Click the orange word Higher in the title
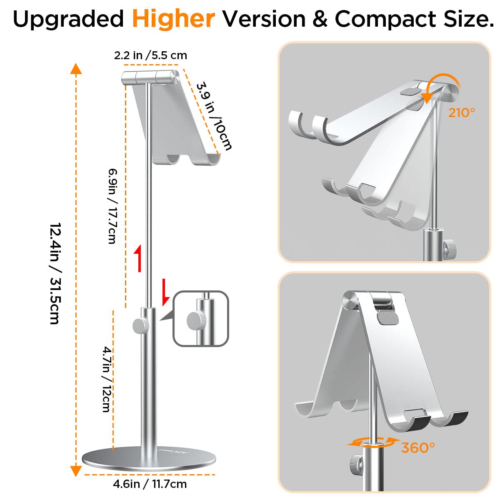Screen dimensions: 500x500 (x=173, y=19)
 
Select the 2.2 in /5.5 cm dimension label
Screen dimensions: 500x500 (x=150, y=55)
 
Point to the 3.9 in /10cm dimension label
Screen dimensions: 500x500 (x=214, y=115)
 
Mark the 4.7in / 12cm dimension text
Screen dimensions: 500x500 (x=107, y=379)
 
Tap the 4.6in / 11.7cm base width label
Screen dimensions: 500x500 (x=150, y=484)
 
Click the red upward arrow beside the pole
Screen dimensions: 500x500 (x=138, y=258)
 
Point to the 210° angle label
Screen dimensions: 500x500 (x=461, y=112)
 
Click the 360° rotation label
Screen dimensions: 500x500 (x=418, y=447)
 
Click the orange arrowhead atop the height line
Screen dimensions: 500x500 (x=75, y=68)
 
